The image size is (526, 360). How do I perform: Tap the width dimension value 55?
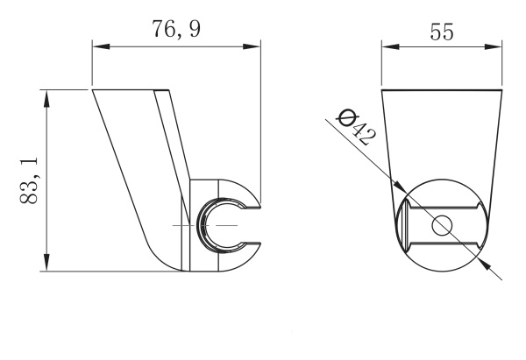point(441,32)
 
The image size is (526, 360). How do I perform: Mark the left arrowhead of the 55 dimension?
point(387,49)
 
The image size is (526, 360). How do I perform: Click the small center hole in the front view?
point(440,225)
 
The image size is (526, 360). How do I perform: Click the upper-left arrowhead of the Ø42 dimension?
point(400,187)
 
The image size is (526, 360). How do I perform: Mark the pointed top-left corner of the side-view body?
point(94,89)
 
